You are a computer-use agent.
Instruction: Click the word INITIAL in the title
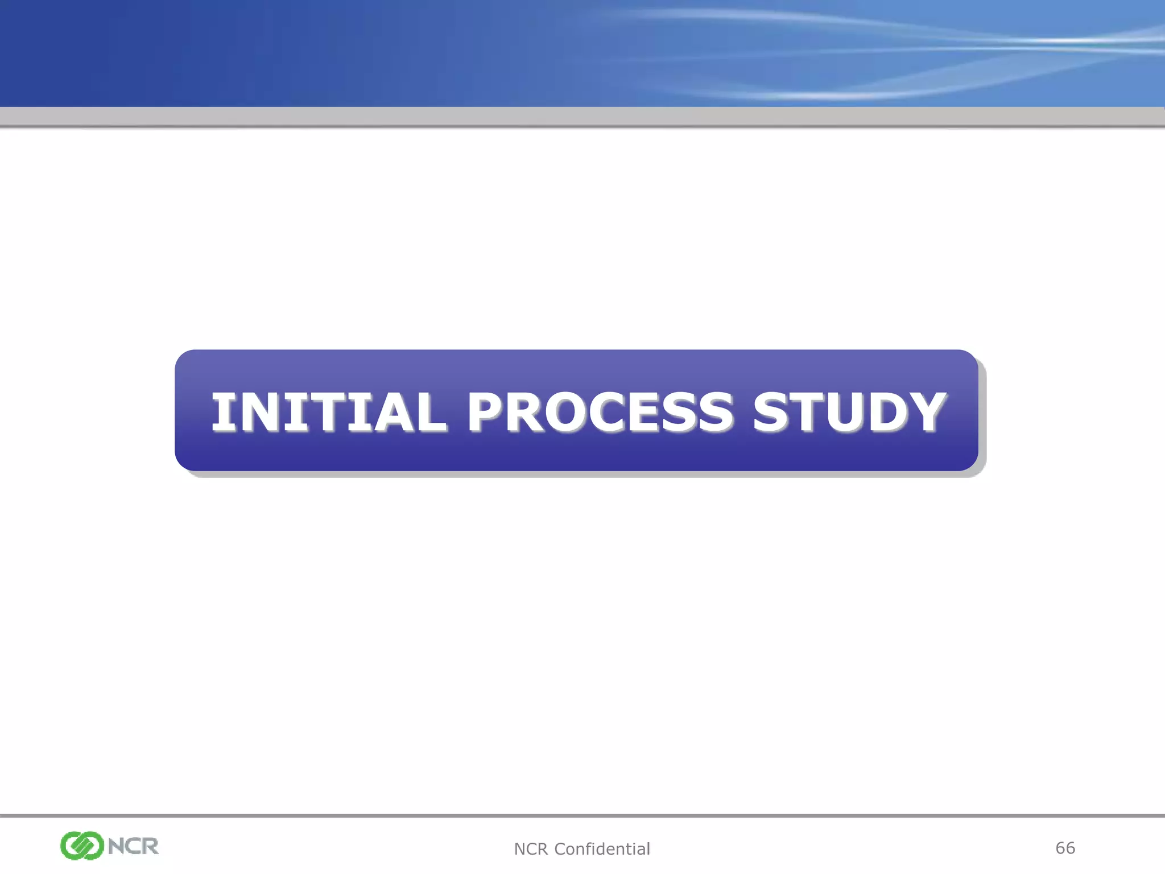click(x=329, y=412)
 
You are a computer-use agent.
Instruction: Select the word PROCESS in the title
click(x=600, y=412)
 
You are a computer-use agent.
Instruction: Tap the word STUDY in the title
click(x=849, y=412)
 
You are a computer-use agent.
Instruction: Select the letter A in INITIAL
click(x=388, y=412)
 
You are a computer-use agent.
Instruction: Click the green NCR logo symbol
click(x=82, y=846)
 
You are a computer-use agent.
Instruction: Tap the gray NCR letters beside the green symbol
click(x=133, y=846)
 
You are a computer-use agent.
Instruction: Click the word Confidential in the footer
click(x=602, y=849)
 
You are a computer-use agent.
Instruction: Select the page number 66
click(x=1065, y=848)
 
